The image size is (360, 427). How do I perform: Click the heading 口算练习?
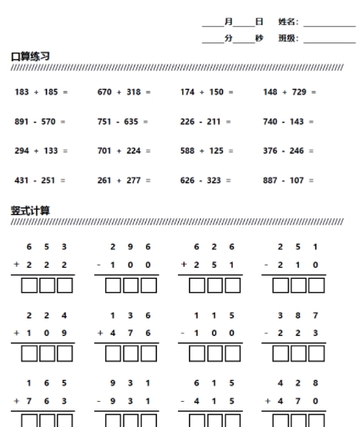tap(31, 57)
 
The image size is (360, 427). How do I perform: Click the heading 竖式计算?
tap(31, 210)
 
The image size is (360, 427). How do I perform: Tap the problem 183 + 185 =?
tap(42, 93)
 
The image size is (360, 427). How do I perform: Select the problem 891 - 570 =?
tap(41, 122)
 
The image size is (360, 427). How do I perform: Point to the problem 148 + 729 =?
tap(290, 93)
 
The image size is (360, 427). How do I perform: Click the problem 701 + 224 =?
tap(124, 151)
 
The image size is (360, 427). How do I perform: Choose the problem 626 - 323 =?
tap(205, 181)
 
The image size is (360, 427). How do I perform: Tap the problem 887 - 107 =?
tap(289, 181)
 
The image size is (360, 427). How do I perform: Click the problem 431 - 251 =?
tap(41, 181)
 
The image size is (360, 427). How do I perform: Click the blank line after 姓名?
tap(329, 25)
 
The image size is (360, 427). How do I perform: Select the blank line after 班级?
tap(329, 40)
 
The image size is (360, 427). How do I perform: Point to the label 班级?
tap(288, 38)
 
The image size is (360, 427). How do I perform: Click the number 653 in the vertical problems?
tap(49, 246)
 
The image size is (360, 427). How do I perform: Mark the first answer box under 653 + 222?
tap(30, 286)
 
